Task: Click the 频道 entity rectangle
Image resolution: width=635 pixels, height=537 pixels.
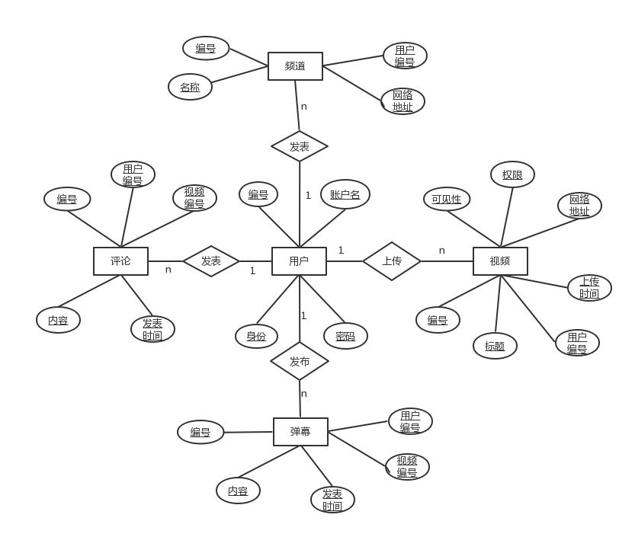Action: tap(295, 66)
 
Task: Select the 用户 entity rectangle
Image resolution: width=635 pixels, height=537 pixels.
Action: tap(299, 261)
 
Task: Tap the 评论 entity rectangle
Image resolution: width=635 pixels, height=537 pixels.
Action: tap(120, 261)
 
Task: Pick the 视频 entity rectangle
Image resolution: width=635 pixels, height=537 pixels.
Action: tap(500, 261)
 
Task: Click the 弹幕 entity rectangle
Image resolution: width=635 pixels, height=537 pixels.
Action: tap(300, 432)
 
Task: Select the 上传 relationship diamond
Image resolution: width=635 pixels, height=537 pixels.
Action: tap(391, 261)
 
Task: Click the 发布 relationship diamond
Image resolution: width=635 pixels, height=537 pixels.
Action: tap(300, 362)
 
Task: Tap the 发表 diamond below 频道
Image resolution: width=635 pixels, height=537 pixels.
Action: tap(300, 146)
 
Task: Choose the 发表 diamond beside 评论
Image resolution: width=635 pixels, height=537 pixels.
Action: tap(211, 261)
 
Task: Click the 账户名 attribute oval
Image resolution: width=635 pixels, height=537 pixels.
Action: tap(345, 195)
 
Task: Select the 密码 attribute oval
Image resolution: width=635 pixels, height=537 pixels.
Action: tap(345, 336)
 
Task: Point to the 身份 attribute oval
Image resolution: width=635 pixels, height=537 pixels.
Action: tap(256, 336)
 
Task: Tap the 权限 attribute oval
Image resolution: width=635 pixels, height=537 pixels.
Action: tap(512, 174)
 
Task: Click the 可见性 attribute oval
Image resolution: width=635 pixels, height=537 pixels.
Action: tap(447, 200)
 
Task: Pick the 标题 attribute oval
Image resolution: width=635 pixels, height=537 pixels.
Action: tap(495, 346)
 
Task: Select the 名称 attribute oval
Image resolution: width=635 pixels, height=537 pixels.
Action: tap(190, 87)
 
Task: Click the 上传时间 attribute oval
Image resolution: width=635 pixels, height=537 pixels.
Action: tap(589, 287)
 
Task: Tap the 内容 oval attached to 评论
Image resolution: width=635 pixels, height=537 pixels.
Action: tap(58, 320)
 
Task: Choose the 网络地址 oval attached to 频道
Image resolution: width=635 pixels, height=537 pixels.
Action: tap(402, 101)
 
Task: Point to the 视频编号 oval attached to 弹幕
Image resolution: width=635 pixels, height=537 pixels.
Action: tap(407, 466)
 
